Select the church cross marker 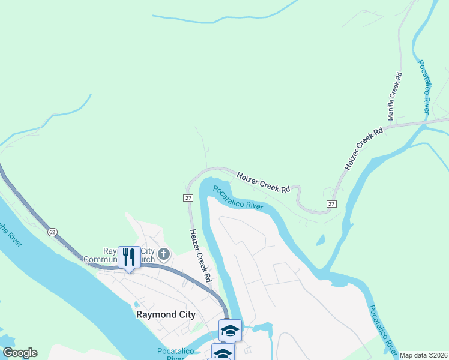tap(164, 255)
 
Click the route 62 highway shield tap(52, 230)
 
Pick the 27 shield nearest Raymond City tap(188, 198)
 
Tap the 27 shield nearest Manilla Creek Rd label tap(331, 204)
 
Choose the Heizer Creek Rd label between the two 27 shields tap(263, 182)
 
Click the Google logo tap(20, 353)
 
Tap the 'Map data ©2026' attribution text tap(423, 355)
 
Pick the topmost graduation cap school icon tap(229, 330)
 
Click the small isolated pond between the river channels tap(320, 241)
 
